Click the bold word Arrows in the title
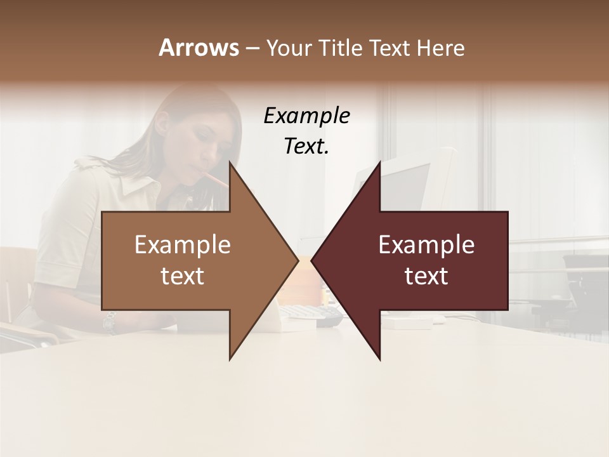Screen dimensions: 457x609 tap(198, 48)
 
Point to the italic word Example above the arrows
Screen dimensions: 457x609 tap(307, 116)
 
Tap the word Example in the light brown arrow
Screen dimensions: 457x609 tap(183, 245)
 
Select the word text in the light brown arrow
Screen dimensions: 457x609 tap(183, 276)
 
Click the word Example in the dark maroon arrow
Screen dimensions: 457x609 tap(426, 245)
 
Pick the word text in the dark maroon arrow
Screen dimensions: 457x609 tap(426, 276)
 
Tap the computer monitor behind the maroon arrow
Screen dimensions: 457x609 tap(412, 184)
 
